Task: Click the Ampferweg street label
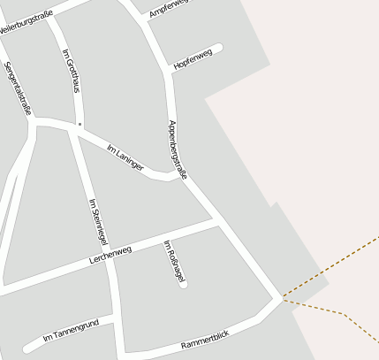tap(168, 9)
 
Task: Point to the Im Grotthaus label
tap(71, 73)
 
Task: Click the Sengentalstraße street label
tap(18, 88)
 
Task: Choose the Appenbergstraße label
tap(177, 149)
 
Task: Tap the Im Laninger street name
tap(125, 157)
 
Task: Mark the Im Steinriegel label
tap(97, 222)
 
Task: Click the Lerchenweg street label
tap(110, 257)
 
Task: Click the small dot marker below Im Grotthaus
tap(80, 125)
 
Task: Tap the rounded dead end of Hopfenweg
tap(217, 49)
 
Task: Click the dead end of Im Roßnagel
tap(183, 283)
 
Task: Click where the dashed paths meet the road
tap(283, 299)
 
